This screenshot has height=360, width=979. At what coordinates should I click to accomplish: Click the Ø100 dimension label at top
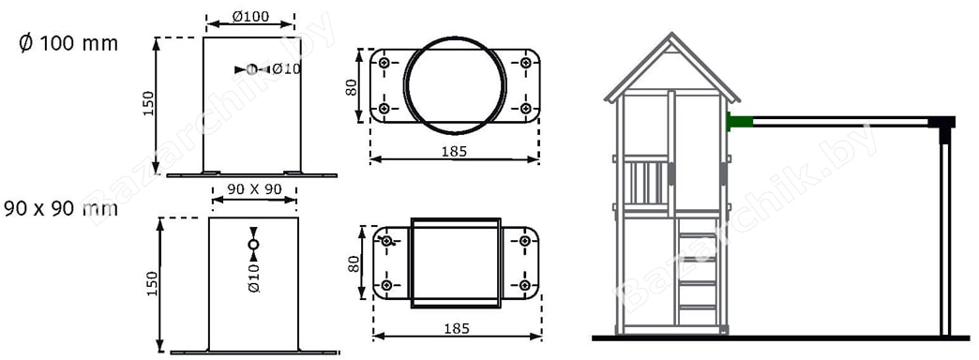click(250, 16)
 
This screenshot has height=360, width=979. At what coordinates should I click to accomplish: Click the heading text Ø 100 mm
click(68, 44)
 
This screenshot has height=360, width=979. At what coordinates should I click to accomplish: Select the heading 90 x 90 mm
click(61, 208)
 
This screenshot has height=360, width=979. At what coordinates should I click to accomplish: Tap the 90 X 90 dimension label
click(254, 189)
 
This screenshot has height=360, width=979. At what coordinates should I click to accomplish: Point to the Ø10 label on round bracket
click(286, 68)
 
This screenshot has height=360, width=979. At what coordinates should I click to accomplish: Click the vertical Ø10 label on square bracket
click(253, 277)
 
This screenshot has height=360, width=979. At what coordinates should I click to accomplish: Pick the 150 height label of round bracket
click(148, 105)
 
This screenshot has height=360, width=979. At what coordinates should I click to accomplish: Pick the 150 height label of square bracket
click(152, 283)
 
